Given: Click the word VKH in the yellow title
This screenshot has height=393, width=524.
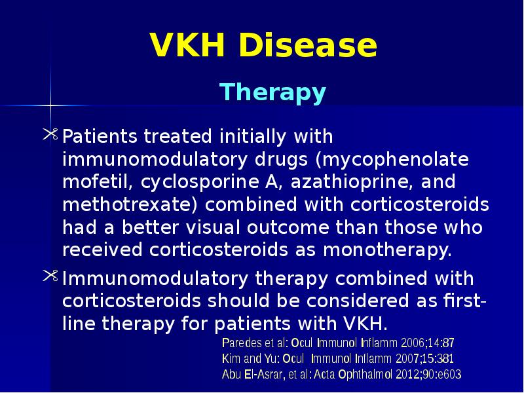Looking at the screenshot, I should click(x=187, y=46).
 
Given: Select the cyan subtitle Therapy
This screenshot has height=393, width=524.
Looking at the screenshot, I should click(x=272, y=92).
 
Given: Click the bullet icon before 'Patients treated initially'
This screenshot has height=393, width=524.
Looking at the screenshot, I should click(x=51, y=135).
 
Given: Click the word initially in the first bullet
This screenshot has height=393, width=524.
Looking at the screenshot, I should click(x=252, y=138).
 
